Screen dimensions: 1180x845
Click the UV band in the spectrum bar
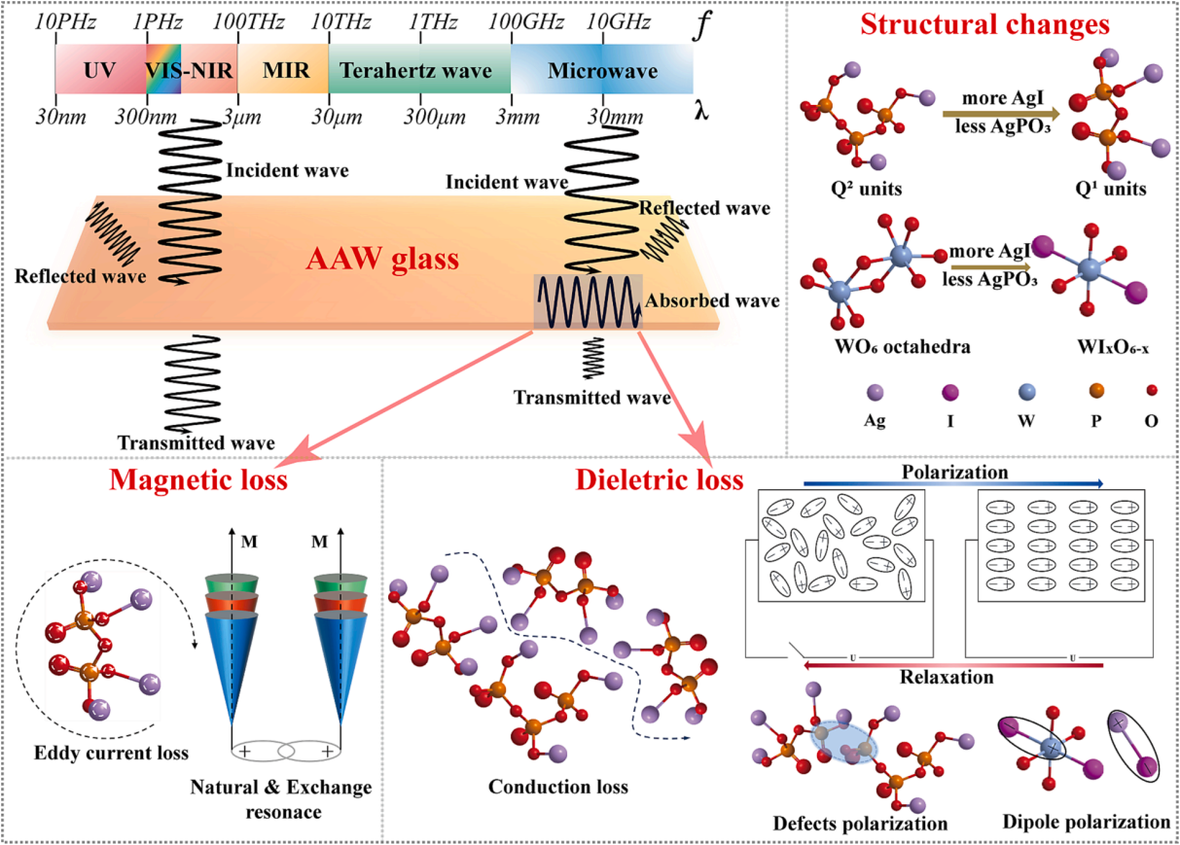click(x=100, y=69)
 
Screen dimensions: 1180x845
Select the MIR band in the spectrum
click(x=283, y=69)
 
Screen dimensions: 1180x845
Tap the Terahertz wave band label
click(x=415, y=70)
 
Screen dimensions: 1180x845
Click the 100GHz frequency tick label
click(x=525, y=22)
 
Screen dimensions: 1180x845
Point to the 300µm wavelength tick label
click(x=435, y=117)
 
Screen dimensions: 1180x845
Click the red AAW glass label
click(x=382, y=259)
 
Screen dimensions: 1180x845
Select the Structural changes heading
click(x=985, y=24)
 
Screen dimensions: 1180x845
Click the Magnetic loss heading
click(x=198, y=479)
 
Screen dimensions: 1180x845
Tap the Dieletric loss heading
click(x=659, y=479)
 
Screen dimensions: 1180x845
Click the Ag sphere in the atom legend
click(x=875, y=392)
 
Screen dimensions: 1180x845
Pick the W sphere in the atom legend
click(x=1026, y=392)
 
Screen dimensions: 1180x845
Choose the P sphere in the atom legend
click(x=1096, y=391)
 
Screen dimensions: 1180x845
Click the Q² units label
click(x=867, y=188)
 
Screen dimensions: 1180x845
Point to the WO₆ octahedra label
click(x=903, y=346)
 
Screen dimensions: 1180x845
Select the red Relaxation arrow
click(x=953, y=665)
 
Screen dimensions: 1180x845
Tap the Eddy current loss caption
click(x=111, y=753)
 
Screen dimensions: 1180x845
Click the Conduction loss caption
click(x=558, y=787)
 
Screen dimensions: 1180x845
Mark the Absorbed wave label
click(x=712, y=300)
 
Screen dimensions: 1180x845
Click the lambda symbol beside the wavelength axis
click(x=701, y=111)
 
